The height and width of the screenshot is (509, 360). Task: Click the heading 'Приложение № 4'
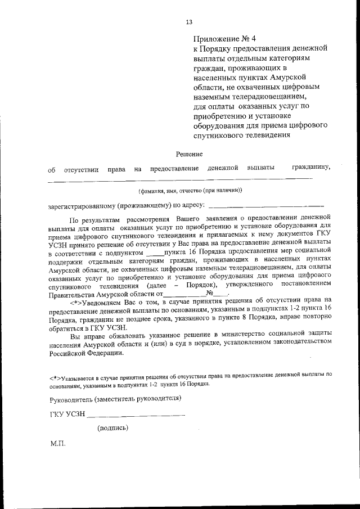pyautogui.click(x=224, y=39)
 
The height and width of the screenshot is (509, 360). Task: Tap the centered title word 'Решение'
pyautogui.click(x=189, y=154)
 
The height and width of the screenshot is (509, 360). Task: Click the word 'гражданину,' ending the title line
pyautogui.click(x=311, y=167)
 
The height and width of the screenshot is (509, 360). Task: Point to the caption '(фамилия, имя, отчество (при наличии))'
pyautogui.click(x=191, y=190)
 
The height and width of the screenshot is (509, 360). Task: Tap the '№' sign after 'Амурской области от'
pyautogui.click(x=211, y=293)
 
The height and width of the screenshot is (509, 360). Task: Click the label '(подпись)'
pyautogui.click(x=112, y=428)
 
